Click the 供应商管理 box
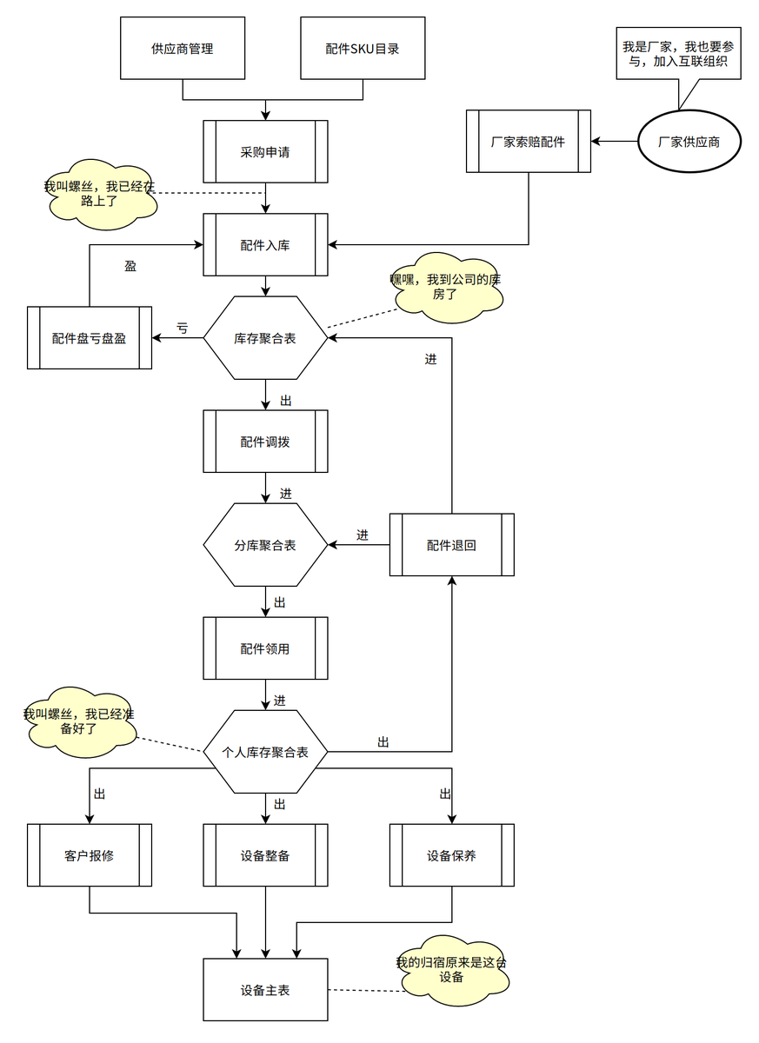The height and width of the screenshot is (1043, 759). coord(183,48)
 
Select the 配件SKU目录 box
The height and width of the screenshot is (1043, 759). coord(363,48)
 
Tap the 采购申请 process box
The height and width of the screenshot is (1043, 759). coord(265,151)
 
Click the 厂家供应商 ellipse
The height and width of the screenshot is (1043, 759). coord(689,141)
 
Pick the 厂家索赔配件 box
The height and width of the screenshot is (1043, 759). coord(529,141)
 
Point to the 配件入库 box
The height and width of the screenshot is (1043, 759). coord(265,244)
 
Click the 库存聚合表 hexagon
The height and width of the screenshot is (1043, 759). coord(265,337)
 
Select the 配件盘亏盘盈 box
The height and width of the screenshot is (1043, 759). coord(90,337)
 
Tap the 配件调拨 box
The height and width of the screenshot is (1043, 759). coord(265,441)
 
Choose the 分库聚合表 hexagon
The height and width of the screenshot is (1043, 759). coord(265,544)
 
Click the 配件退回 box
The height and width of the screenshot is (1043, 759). coord(452,544)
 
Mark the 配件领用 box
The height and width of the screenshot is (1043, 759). coord(265,648)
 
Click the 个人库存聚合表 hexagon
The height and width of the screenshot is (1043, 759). coord(265,752)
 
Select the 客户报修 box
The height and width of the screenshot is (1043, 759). coord(90,855)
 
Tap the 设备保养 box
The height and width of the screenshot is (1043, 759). coord(452,855)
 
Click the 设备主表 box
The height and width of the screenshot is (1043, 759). coord(265,989)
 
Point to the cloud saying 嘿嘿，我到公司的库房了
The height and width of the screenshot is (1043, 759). coord(446,288)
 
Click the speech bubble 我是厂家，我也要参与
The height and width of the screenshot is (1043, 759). coord(678,54)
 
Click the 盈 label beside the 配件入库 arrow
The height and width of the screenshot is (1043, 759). coord(130,266)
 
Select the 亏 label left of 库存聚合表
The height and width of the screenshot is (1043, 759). coord(182,328)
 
